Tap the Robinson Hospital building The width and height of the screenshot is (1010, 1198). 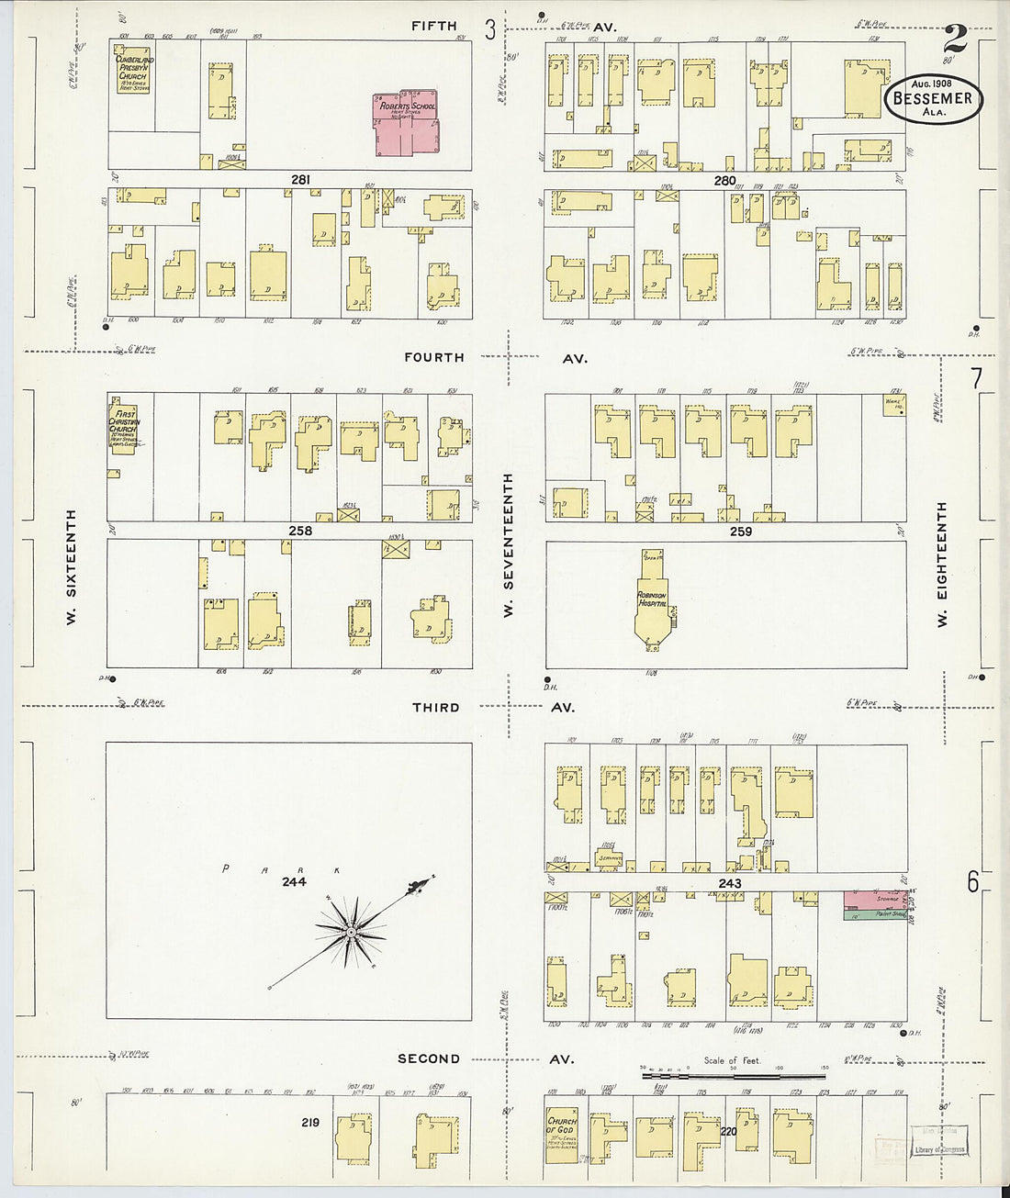pos(652,606)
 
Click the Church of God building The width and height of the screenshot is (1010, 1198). pos(561,1136)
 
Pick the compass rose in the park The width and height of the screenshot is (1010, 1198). pos(352,932)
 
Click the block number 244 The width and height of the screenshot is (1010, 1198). pos(294,881)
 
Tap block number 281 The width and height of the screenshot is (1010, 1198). pos(300,180)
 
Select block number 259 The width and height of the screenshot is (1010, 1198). pos(740,532)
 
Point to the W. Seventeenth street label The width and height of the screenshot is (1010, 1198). pos(508,544)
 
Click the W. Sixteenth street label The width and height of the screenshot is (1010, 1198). pos(71,566)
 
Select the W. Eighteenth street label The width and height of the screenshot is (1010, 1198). pos(941,565)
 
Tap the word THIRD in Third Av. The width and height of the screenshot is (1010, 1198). pos(436,708)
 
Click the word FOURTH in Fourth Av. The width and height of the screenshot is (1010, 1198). pos(434,357)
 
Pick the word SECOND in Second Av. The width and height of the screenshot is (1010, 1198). pos(429,1058)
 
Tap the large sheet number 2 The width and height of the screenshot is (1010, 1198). pos(955,39)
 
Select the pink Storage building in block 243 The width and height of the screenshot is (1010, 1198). pos(875,899)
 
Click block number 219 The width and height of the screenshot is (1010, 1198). pos(310,1122)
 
